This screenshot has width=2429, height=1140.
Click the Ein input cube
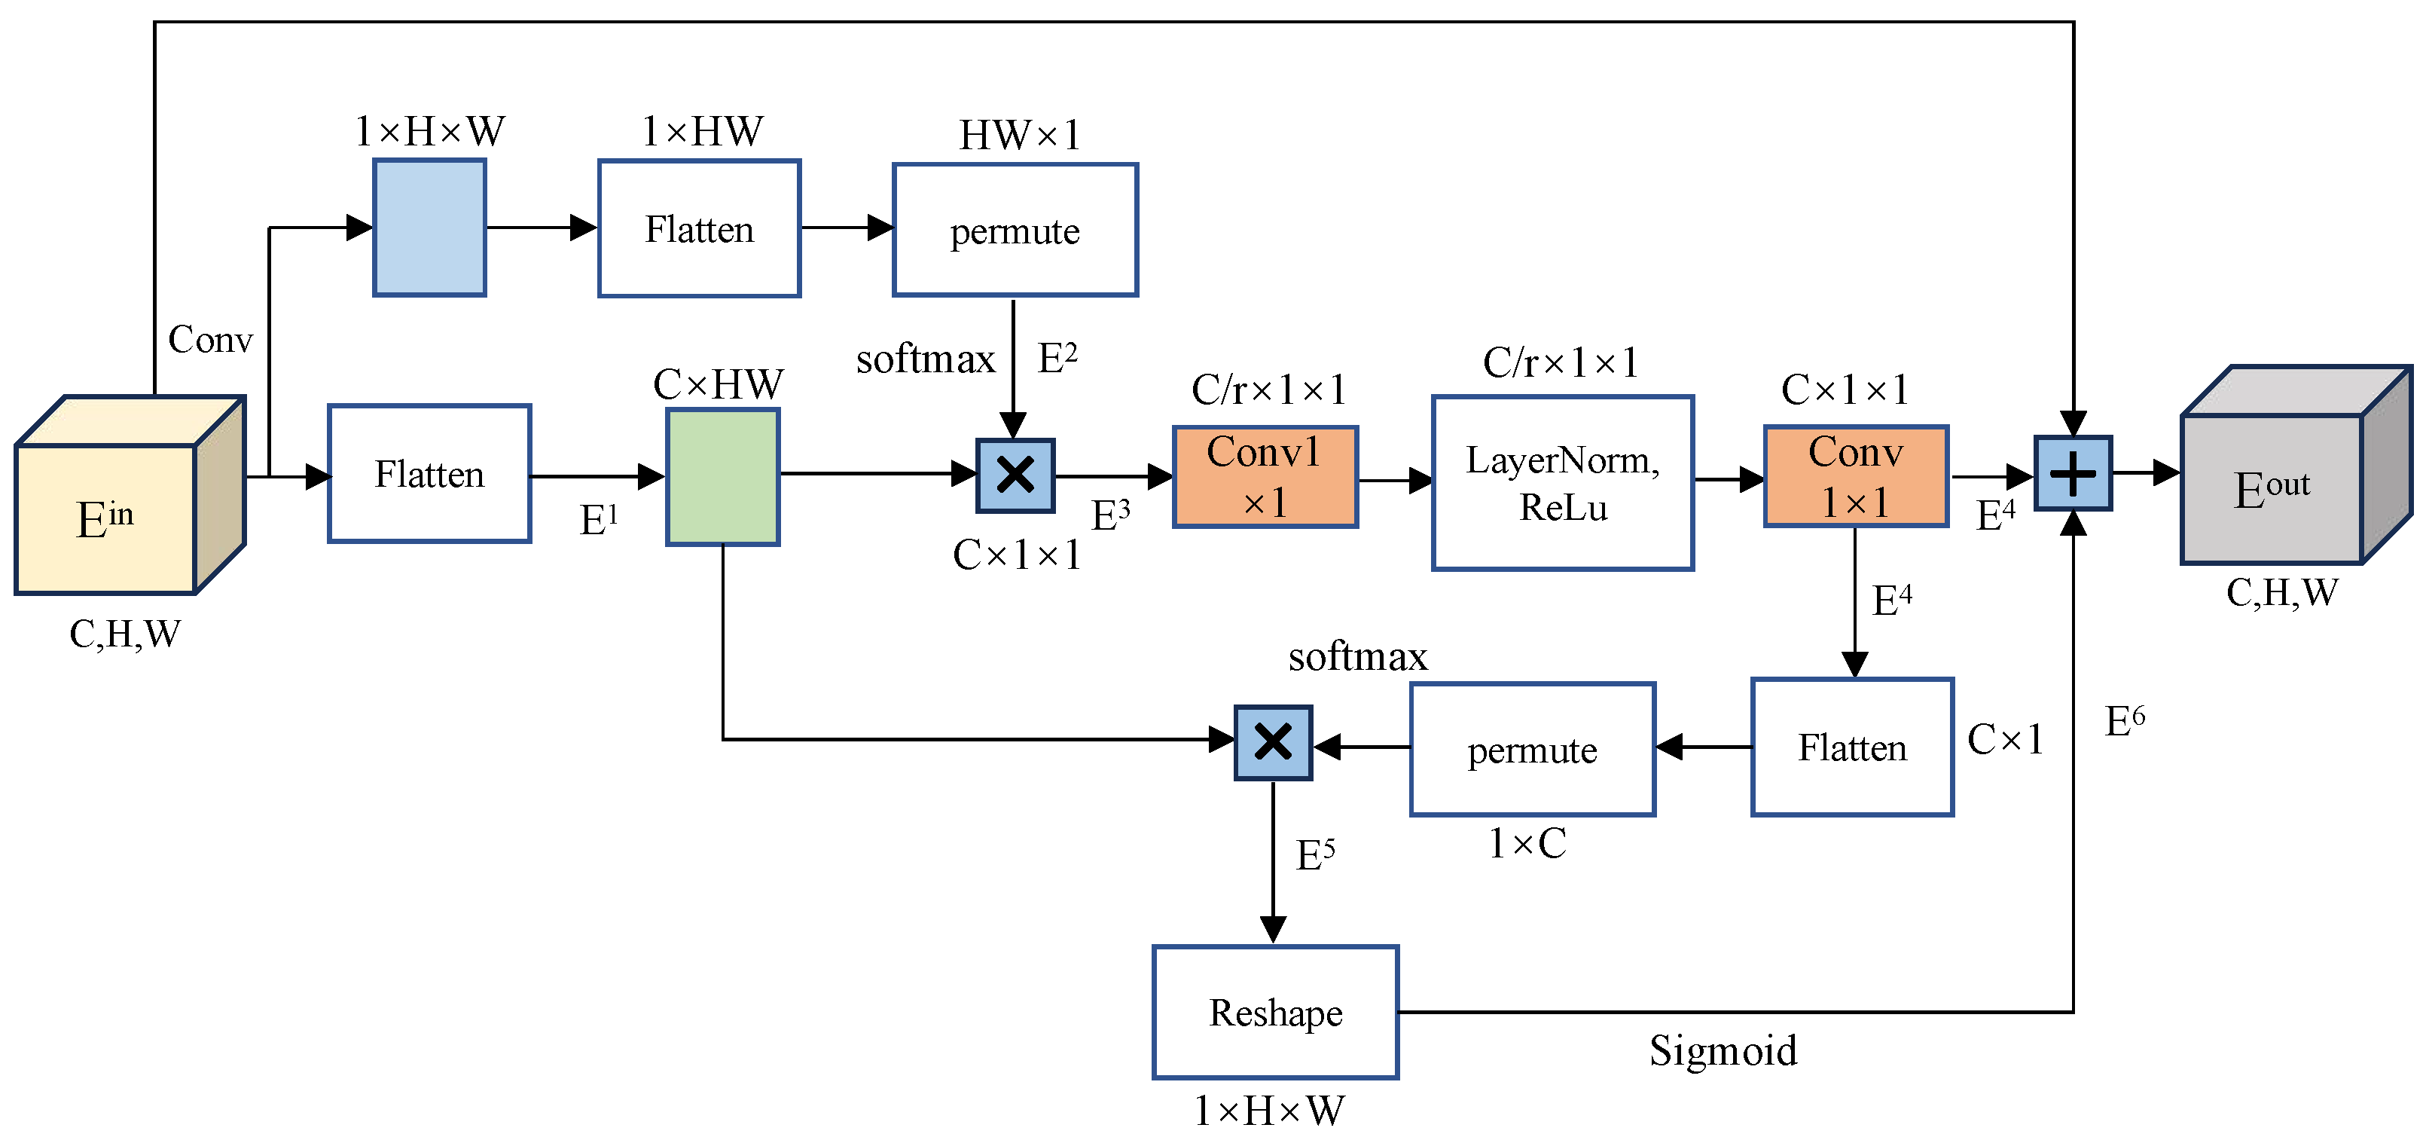130,495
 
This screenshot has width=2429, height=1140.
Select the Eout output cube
2296,465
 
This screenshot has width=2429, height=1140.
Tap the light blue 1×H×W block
430,228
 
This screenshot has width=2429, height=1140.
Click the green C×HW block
723,476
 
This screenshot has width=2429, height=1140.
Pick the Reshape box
1275,1012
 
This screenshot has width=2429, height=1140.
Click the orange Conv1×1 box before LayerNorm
1265,476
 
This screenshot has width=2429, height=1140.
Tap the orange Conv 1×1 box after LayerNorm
1856,476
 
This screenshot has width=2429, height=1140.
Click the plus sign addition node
2073,473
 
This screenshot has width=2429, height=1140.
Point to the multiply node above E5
1273,742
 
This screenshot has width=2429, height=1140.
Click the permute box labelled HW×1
1015,230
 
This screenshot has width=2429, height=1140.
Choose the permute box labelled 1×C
1532,749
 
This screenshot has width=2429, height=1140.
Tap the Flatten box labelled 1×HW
700,228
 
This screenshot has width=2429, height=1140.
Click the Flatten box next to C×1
1852,747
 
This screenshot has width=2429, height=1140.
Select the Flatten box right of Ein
429,473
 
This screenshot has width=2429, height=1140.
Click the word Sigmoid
1723,1050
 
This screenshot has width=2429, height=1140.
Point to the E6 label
2125,721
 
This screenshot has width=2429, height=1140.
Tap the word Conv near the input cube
210,338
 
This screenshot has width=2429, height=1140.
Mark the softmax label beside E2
925,359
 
